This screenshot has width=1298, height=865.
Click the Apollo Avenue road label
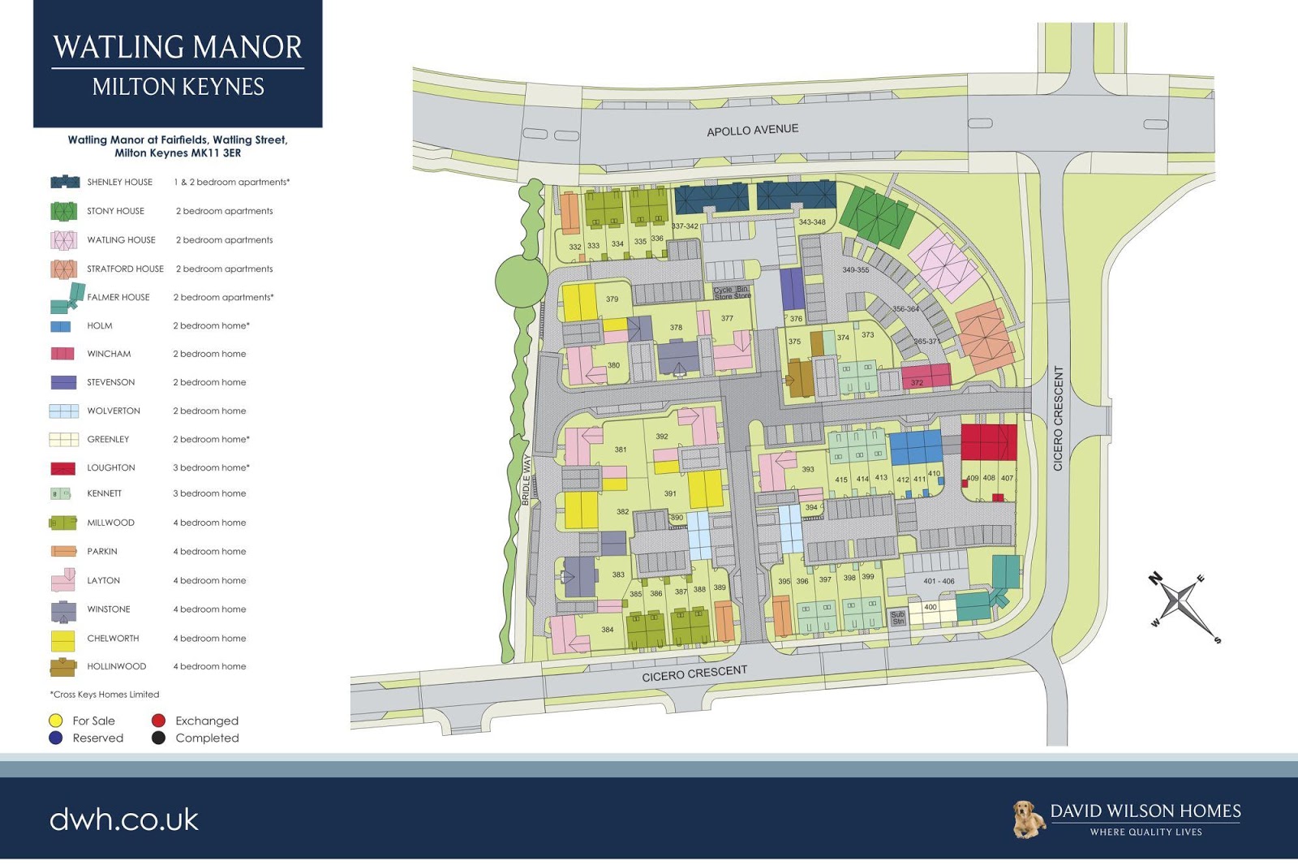pyautogui.click(x=752, y=130)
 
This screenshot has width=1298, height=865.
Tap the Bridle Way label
pyautogui.click(x=526, y=480)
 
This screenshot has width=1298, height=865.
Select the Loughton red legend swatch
pyautogui.click(x=63, y=468)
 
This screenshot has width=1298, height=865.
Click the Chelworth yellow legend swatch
pyautogui.click(x=63, y=639)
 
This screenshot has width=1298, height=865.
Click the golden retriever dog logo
pyautogui.click(x=1028, y=819)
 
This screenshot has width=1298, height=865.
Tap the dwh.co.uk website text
pyautogui.click(x=124, y=820)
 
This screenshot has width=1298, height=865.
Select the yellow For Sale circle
pyautogui.click(x=56, y=721)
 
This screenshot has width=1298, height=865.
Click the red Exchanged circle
pyautogui.click(x=158, y=721)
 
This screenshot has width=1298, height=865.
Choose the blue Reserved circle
pyautogui.click(x=56, y=738)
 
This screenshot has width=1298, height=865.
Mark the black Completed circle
pyautogui.click(x=158, y=738)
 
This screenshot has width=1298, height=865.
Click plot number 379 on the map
pyautogui.click(x=612, y=299)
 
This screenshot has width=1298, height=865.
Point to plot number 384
pyautogui.click(x=607, y=630)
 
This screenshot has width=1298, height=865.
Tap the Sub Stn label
pyautogui.click(x=897, y=618)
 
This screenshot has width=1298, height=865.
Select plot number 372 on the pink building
pyautogui.click(x=917, y=383)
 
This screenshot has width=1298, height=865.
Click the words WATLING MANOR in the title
pyautogui.click(x=178, y=47)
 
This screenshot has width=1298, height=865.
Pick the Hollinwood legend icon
pyautogui.click(x=63, y=667)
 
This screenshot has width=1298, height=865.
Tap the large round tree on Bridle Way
pyautogui.click(x=521, y=281)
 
